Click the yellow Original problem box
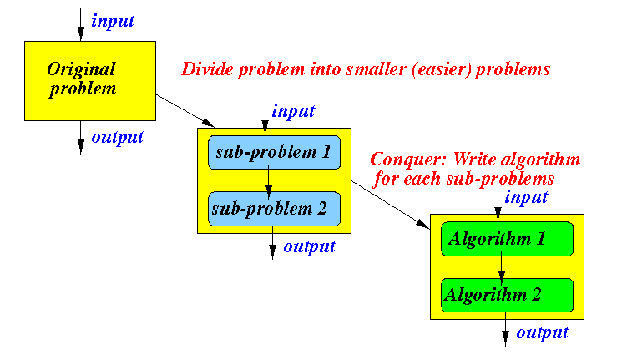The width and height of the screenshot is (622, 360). click(90, 81)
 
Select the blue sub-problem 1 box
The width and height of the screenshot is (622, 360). click(274, 152)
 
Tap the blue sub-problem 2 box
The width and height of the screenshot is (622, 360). click(274, 209)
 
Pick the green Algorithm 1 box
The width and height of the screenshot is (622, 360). click(507, 239)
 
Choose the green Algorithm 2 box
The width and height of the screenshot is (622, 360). click(507, 296)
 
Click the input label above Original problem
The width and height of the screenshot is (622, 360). click(113, 22)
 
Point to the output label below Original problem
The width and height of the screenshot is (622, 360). click(118, 137)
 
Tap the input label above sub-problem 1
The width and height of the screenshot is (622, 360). click(293, 112)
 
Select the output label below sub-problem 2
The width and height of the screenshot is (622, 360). click(310, 247)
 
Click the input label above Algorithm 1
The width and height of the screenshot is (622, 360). click(526, 197)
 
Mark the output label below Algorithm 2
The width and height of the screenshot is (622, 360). click(542, 333)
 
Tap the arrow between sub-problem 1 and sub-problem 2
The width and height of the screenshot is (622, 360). click(269, 182)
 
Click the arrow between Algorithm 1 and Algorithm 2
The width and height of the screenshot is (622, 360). click(502, 269)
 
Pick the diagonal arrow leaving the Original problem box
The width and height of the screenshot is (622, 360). click(185, 111)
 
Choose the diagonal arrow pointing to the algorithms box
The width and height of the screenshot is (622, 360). click(391, 205)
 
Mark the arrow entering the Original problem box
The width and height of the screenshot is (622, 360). click(81, 24)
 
